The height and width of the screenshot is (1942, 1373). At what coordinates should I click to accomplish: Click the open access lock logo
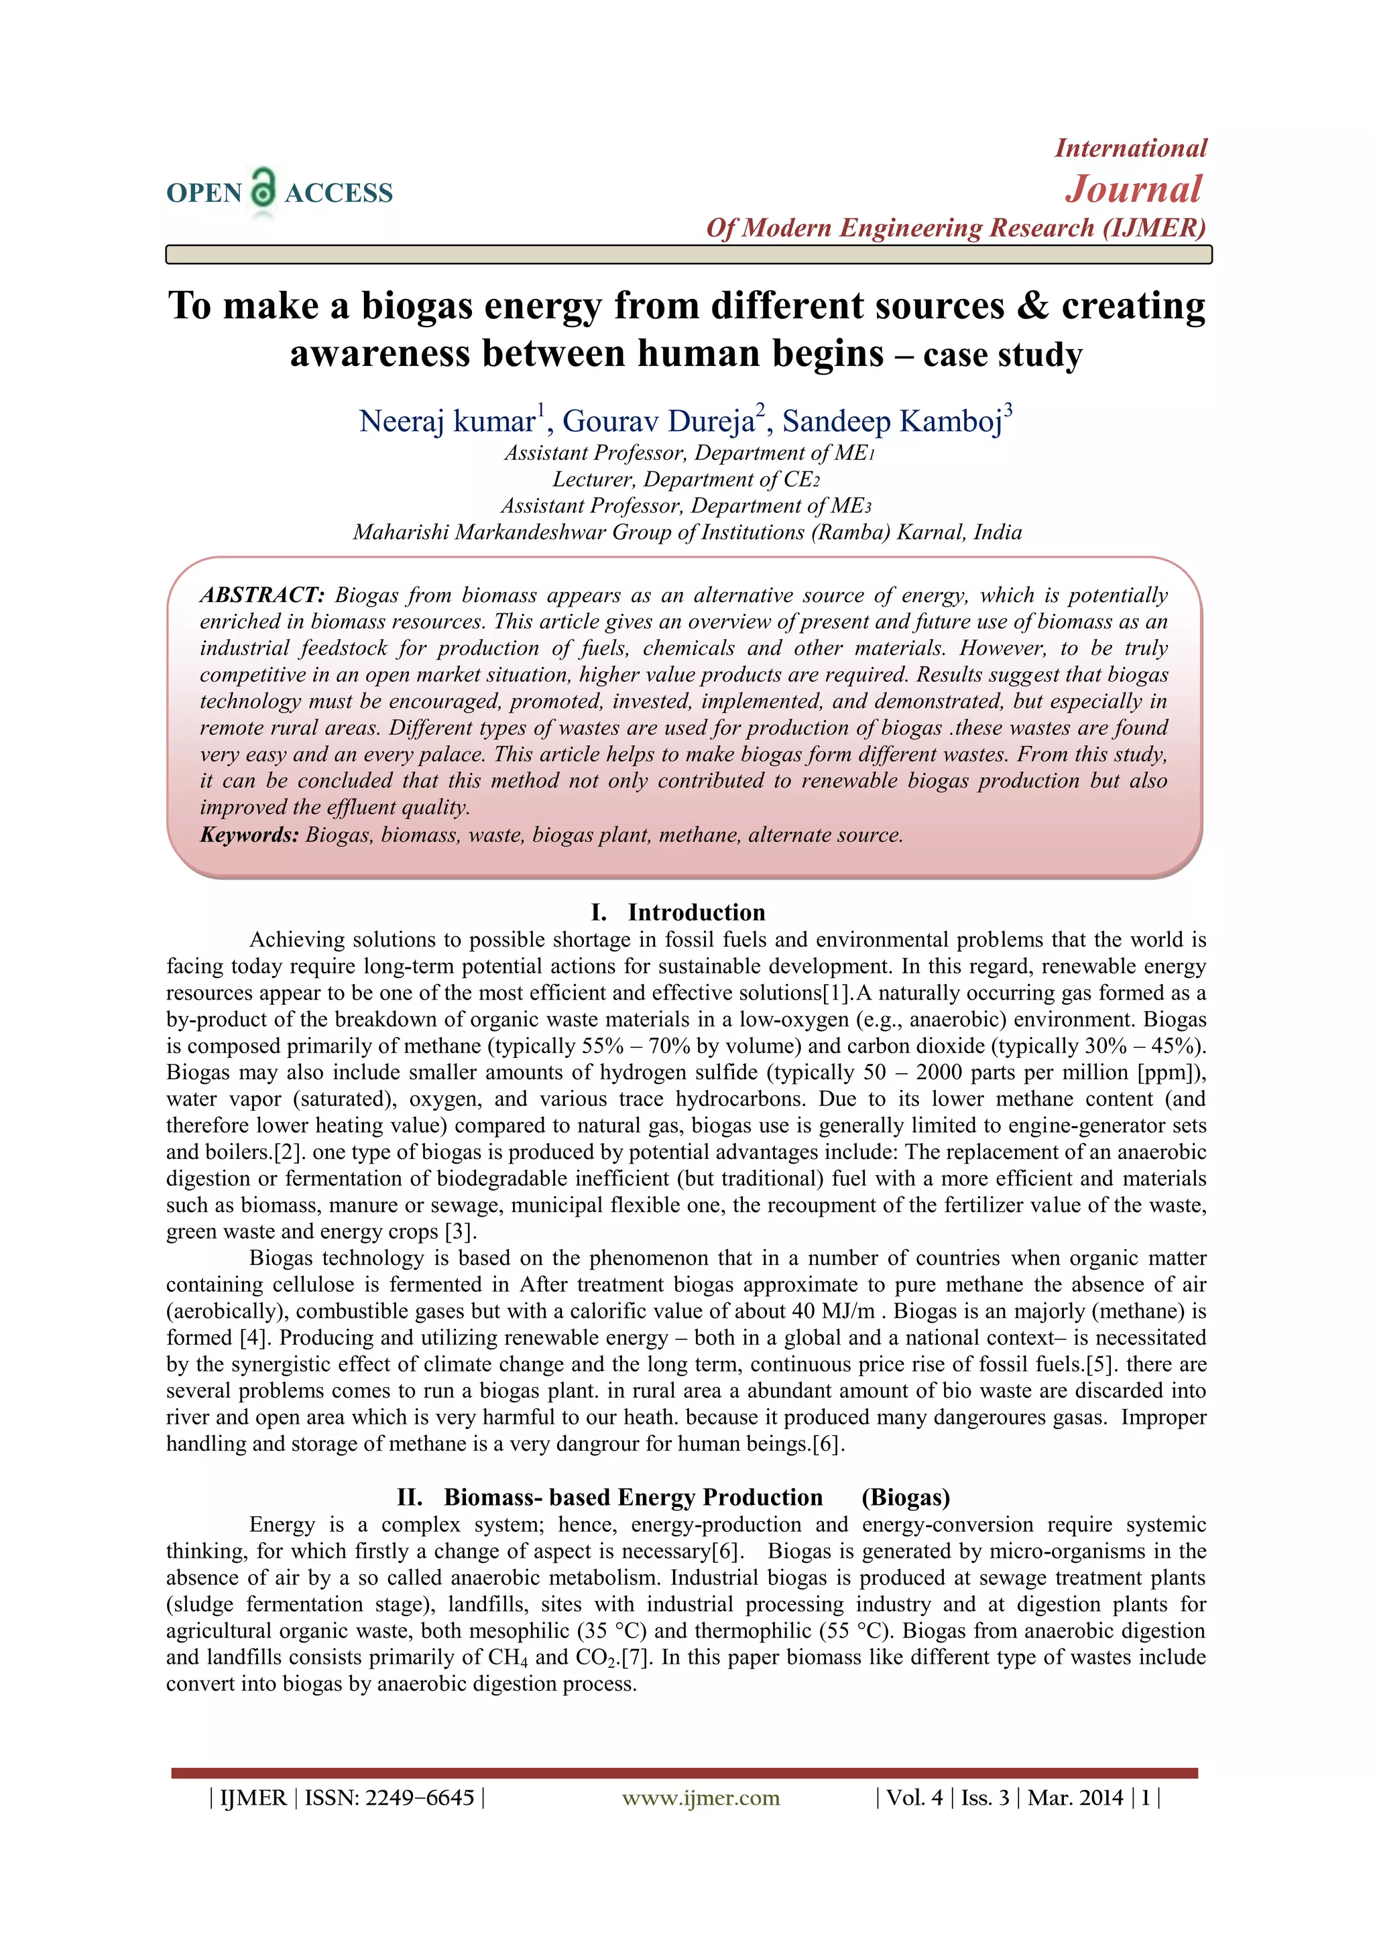(263, 188)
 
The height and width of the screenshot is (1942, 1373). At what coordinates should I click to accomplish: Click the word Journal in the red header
(1133, 188)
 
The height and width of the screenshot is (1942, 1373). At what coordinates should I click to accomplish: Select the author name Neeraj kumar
(446, 421)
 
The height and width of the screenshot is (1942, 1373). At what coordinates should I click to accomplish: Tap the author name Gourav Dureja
(658, 421)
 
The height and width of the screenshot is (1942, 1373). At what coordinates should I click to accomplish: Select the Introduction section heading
(695, 912)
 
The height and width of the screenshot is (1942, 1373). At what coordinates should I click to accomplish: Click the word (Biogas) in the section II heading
(905, 1498)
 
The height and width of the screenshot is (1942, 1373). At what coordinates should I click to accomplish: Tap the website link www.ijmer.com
(701, 1797)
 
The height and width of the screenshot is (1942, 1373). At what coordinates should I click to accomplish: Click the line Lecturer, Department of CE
(685, 479)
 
